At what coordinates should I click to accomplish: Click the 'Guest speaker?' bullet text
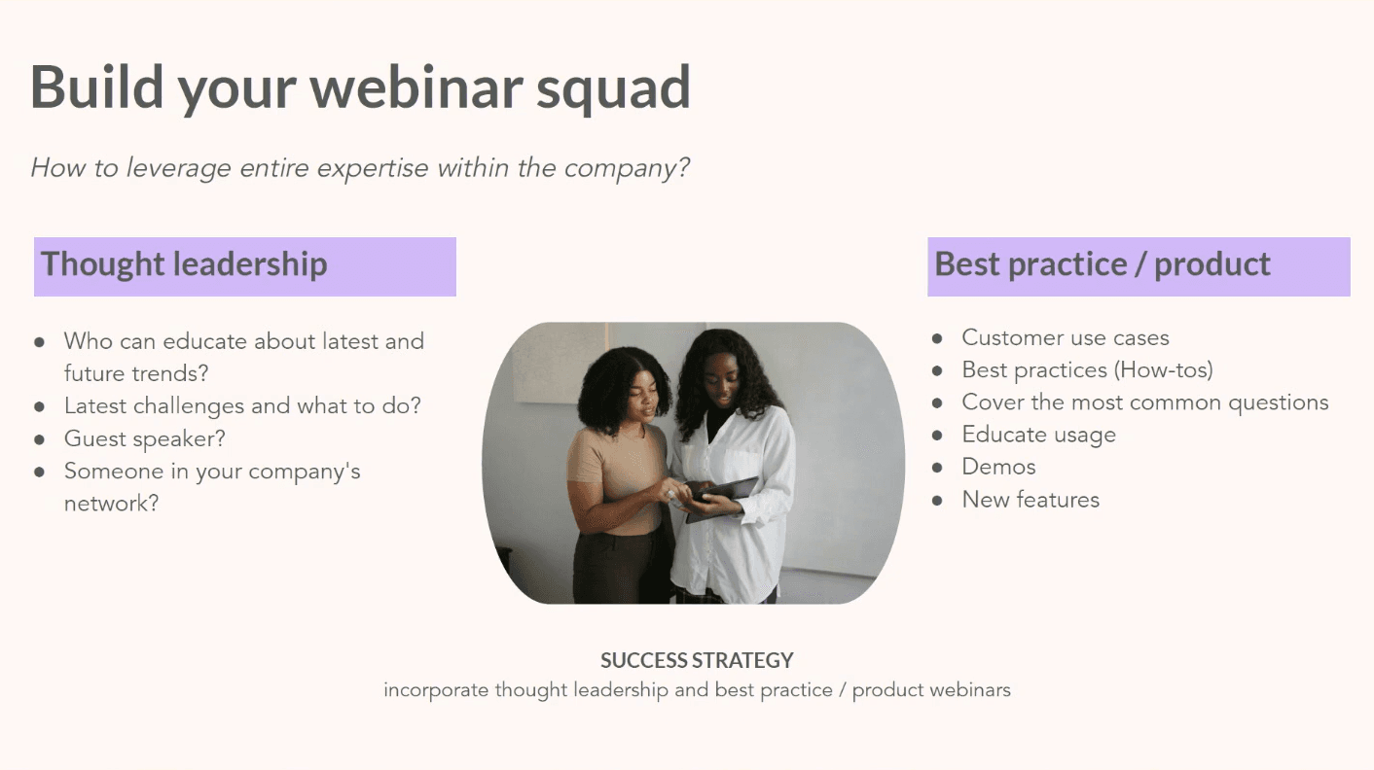pos(144,438)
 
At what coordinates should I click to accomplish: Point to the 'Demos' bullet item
pos(998,467)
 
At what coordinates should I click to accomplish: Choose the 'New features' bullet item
pos(1030,500)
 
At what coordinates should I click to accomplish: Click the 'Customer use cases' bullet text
pos(1065,337)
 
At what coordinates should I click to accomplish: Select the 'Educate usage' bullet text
pos(1038,435)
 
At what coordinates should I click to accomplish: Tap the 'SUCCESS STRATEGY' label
pos(697,661)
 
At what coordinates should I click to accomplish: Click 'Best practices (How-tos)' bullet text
pos(1087,370)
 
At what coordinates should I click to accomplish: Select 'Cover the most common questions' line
pos(1144,402)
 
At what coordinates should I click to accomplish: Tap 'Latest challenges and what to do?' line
pos(242,405)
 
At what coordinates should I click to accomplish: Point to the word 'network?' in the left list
pos(111,504)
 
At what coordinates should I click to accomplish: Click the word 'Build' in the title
pos(96,87)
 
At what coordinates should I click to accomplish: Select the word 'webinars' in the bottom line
pos(970,690)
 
